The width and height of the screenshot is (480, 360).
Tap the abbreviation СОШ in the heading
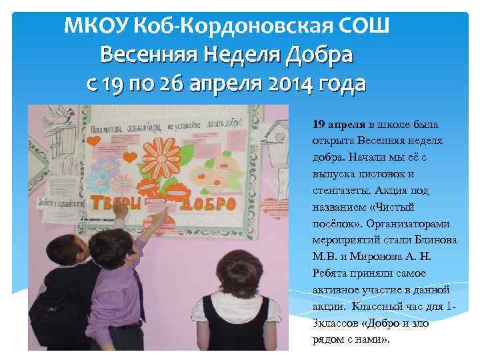[x=363, y=27]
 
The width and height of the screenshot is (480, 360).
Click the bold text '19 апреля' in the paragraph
[x=338, y=124]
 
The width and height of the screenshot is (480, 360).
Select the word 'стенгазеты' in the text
[x=340, y=190]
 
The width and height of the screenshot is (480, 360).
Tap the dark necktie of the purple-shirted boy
[x=136, y=293]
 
